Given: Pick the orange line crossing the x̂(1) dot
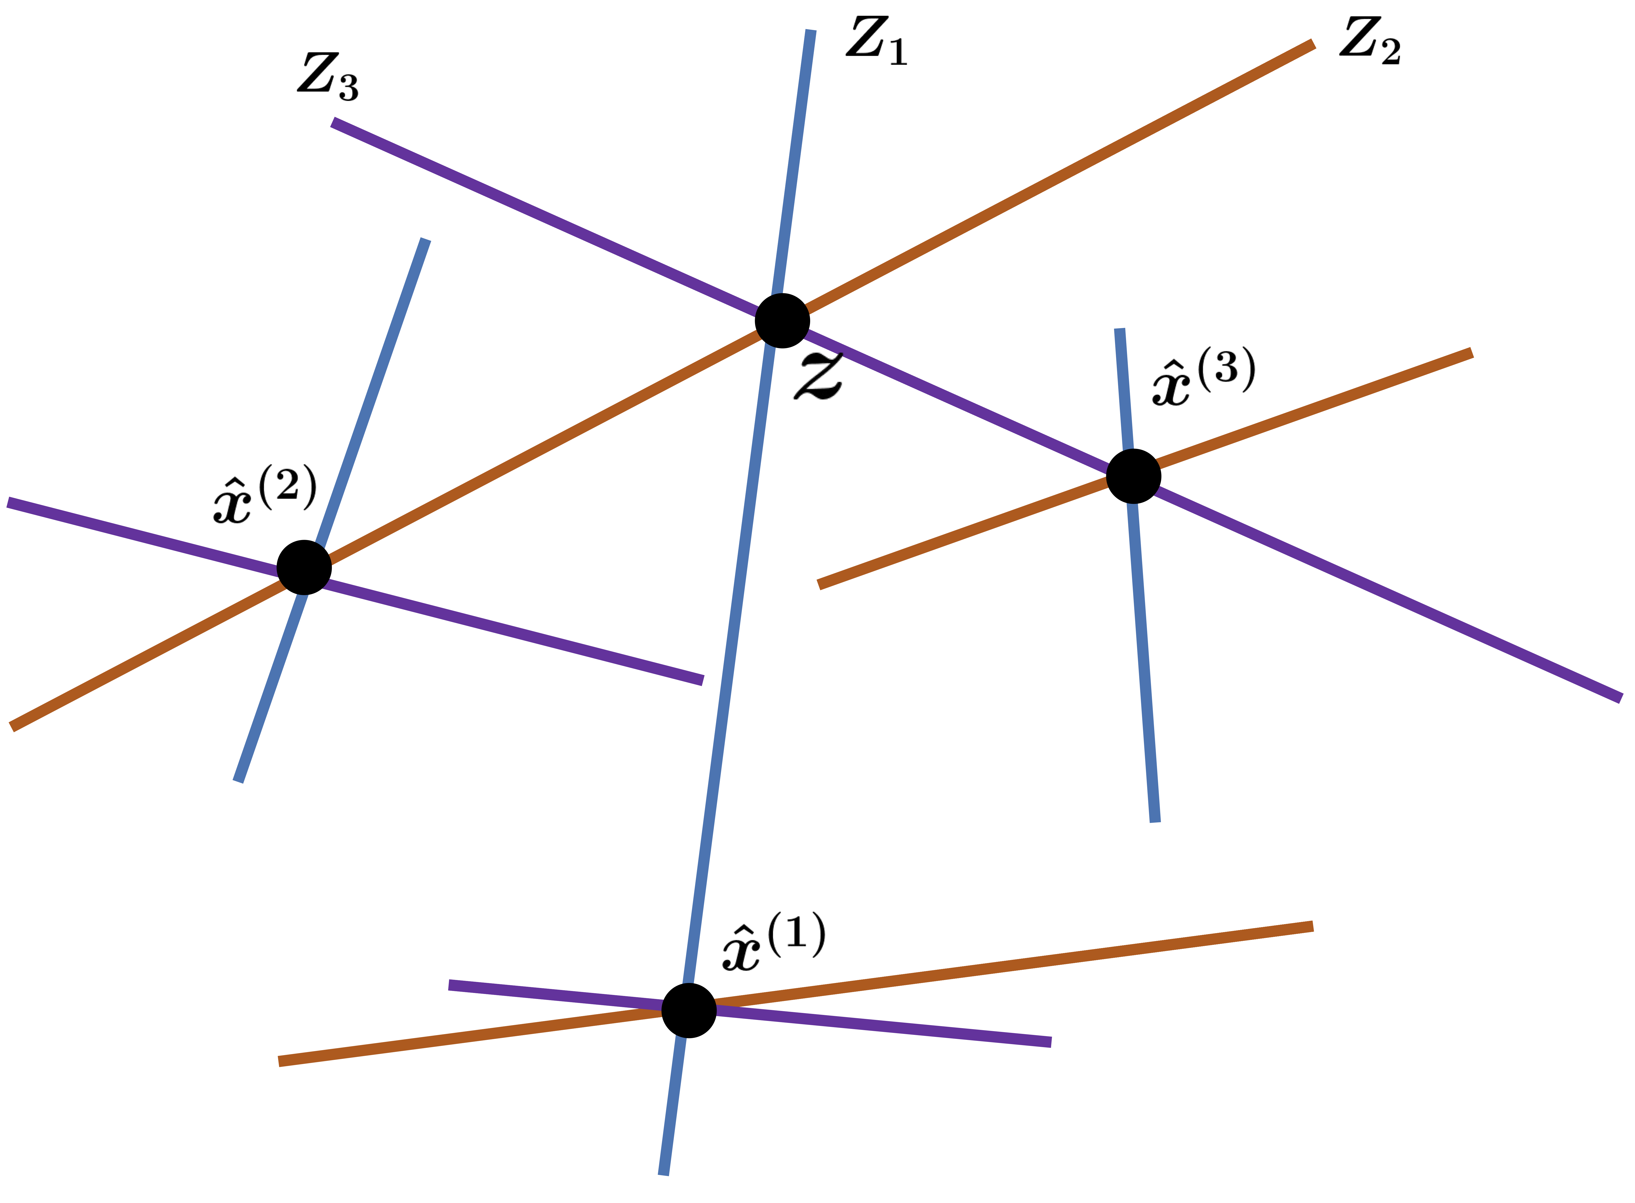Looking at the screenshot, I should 1020,966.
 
